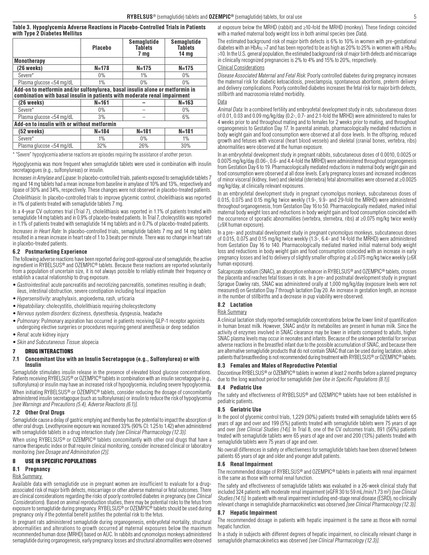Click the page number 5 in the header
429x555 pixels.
[415, 17]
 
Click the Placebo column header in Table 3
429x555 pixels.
[102, 48]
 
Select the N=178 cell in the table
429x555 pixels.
[102, 68]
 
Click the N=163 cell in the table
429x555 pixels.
[186, 103]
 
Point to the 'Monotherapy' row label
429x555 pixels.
[30, 61]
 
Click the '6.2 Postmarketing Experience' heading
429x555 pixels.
[50, 252]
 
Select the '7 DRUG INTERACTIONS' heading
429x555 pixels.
[43, 351]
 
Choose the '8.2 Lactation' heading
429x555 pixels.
[235, 305]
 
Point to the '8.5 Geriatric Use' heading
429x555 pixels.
[239, 410]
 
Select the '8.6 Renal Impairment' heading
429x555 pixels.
[245, 464]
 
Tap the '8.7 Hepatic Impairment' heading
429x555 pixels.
[247, 513]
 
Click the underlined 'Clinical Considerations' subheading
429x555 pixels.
[241, 68]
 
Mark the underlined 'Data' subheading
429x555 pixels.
[222, 102]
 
